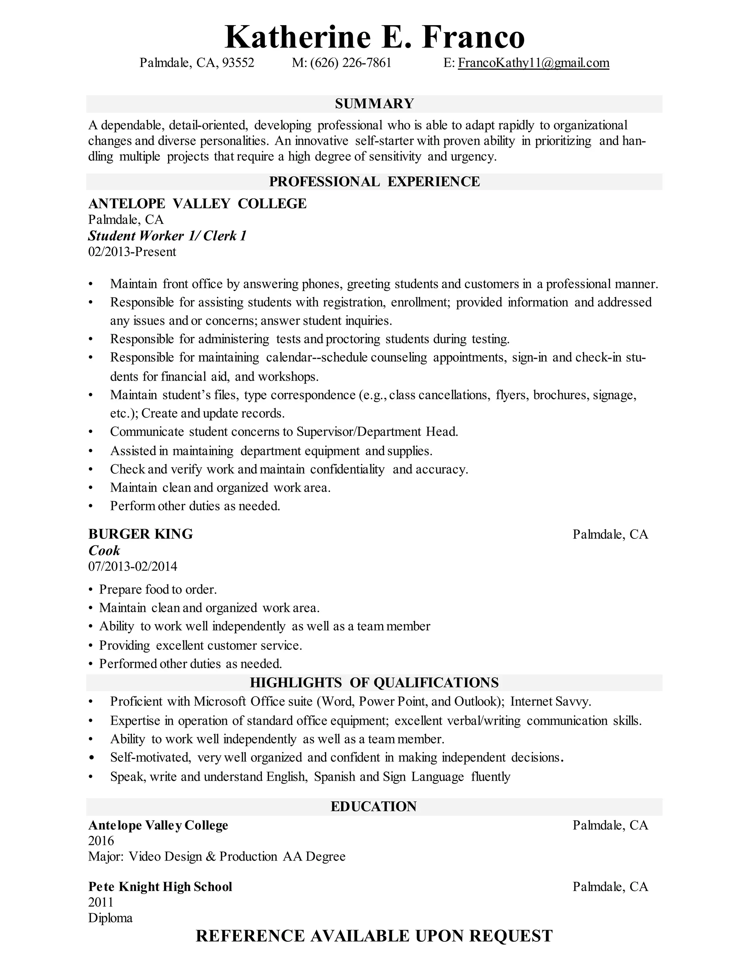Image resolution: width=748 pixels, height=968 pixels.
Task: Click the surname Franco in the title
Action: click(x=473, y=37)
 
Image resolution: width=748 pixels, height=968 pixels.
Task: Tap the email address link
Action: click(x=533, y=63)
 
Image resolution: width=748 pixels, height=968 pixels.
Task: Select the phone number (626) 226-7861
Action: click(x=351, y=63)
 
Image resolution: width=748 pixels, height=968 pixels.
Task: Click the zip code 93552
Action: click(x=238, y=63)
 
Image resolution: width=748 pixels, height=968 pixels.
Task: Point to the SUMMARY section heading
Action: click(x=374, y=104)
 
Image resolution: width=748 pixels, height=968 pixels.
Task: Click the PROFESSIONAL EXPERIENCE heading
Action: click(x=374, y=182)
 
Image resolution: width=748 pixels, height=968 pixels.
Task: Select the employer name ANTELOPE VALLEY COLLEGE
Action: click(x=197, y=203)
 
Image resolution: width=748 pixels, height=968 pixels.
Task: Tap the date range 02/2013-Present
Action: click(x=132, y=252)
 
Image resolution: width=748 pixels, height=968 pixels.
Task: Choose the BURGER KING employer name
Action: click(x=141, y=534)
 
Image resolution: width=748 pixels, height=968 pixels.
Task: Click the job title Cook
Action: click(x=104, y=550)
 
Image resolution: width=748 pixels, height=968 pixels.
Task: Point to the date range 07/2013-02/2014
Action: click(x=133, y=567)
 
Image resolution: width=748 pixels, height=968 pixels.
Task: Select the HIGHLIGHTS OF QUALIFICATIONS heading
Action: click(x=374, y=683)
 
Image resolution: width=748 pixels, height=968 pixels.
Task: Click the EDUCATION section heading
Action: click(x=374, y=807)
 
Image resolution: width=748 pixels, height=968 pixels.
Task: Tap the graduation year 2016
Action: click(x=101, y=841)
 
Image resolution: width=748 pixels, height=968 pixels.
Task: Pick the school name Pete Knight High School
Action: click(x=160, y=887)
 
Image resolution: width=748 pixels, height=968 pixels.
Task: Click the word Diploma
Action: click(x=110, y=918)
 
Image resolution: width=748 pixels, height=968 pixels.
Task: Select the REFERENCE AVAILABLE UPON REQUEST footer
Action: click(x=374, y=936)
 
